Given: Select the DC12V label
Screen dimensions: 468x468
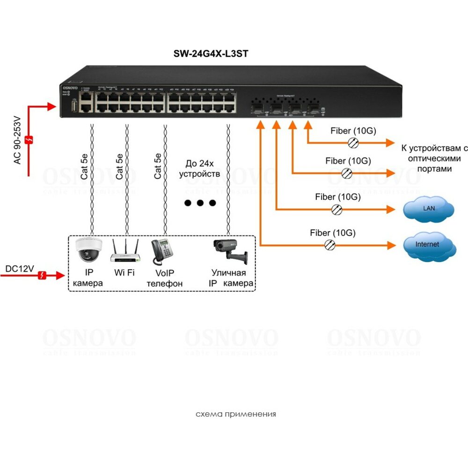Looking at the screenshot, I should coord(20,269).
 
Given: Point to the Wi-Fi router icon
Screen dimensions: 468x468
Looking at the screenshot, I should coord(125,251).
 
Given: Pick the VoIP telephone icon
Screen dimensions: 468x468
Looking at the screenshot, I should coord(162,252).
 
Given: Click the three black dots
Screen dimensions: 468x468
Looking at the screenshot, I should coord(200,203).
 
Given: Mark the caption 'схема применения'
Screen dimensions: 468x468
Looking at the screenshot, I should coord(235,414).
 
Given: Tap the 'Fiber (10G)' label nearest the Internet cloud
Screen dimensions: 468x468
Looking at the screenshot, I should coord(332,232).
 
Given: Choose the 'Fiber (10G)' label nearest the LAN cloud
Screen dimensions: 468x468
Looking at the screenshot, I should coord(338,197).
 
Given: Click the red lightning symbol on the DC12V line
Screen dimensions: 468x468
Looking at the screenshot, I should coord(43,275).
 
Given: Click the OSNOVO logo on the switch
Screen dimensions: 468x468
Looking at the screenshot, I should coord(70,88).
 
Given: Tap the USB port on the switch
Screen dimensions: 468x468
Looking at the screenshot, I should coord(73,106).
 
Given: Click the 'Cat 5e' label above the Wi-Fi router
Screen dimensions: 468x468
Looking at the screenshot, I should coord(120,166).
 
